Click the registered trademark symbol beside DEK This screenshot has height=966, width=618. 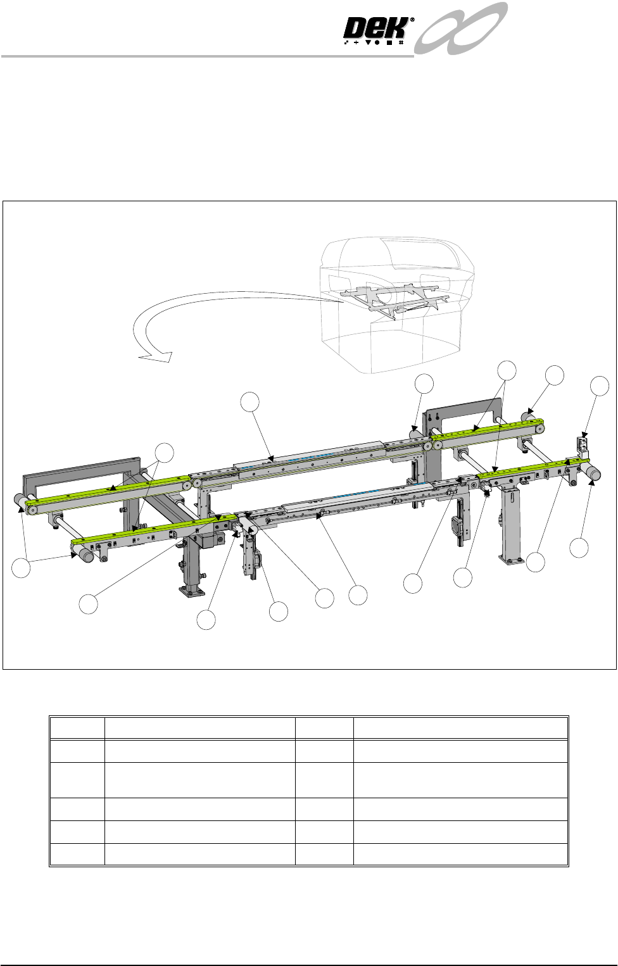pos(412,20)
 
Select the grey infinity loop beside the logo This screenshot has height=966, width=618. pos(460,28)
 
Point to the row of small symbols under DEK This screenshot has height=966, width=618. pos(374,43)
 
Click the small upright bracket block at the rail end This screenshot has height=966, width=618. pos(583,448)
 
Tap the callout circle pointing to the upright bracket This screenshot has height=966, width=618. pos(600,386)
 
